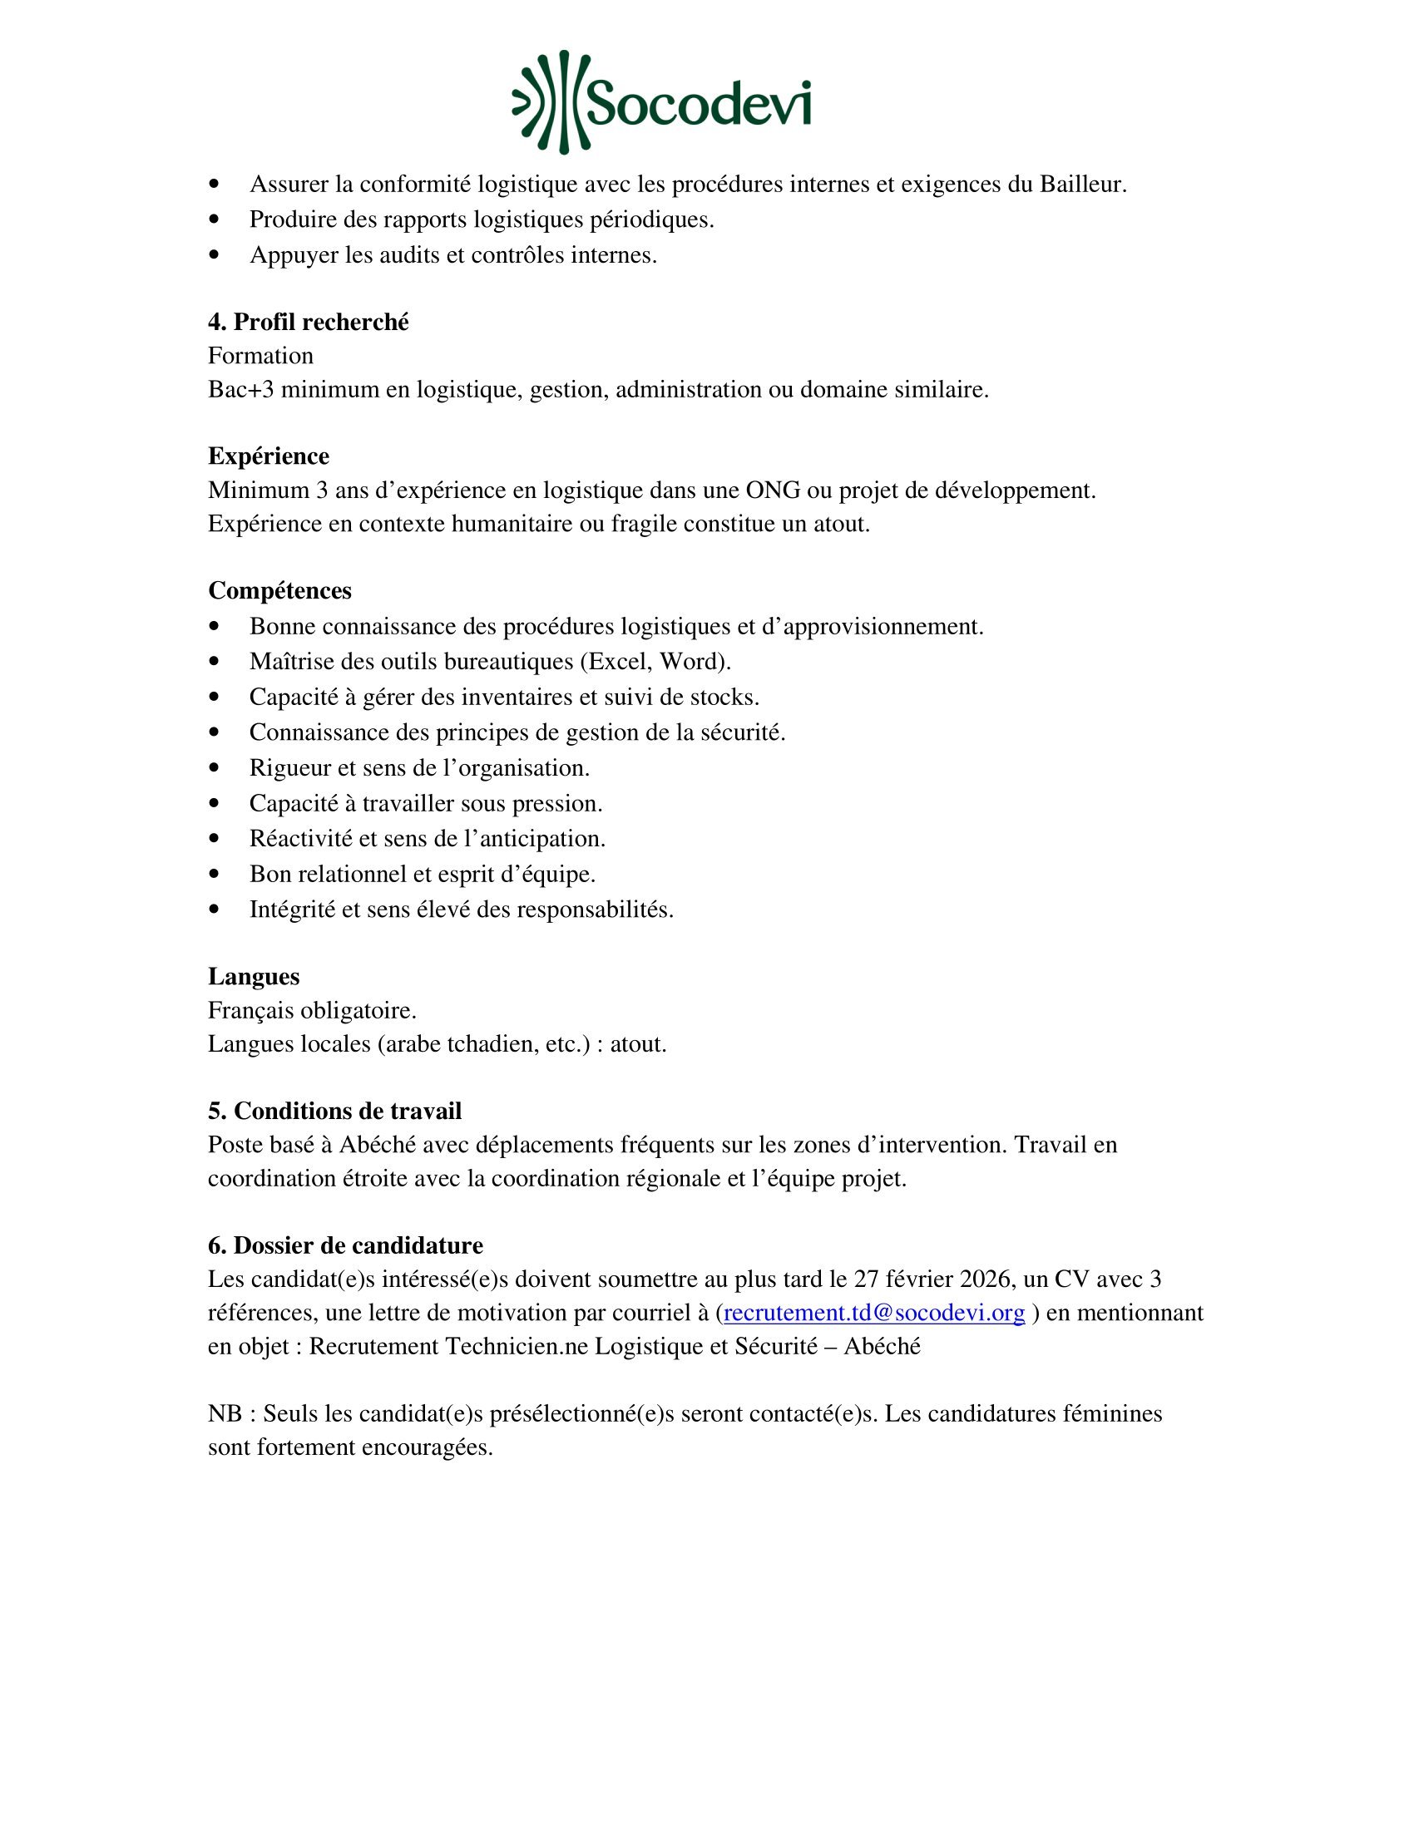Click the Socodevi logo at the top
point(661,103)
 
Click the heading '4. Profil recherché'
point(309,322)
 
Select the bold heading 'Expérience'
point(268,456)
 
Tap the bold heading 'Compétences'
point(279,590)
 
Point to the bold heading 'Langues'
point(253,977)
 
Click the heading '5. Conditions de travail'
point(334,1111)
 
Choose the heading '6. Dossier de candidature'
point(345,1245)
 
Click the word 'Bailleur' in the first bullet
point(1081,185)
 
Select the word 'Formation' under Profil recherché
point(260,356)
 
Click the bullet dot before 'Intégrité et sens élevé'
point(215,909)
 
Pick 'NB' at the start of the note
point(225,1413)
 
